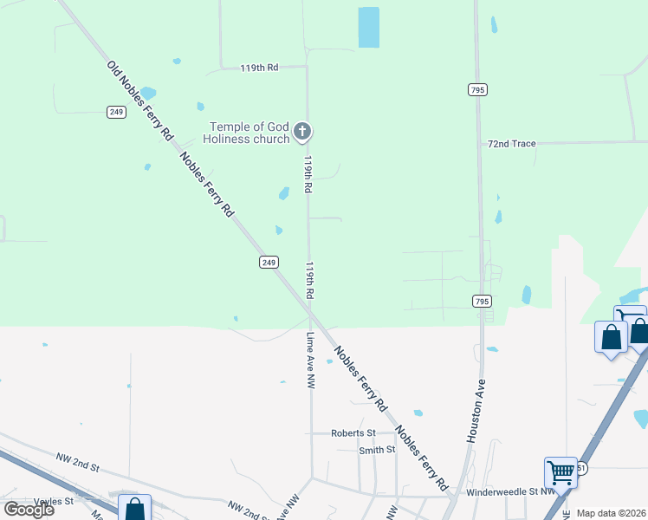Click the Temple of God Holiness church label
[x=247, y=133]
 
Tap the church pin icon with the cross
[x=302, y=132]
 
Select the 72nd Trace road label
[x=512, y=144]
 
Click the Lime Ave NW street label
[x=309, y=360]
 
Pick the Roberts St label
[x=353, y=433]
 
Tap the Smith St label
[x=377, y=450]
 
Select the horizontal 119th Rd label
[x=260, y=67]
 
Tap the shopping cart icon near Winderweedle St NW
[x=561, y=472]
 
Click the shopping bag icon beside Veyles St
[x=134, y=509]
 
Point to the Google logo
[x=29, y=510]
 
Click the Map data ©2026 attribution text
[x=612, y=513]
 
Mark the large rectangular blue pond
[x=368, y=27]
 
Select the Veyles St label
[x=54, y=502]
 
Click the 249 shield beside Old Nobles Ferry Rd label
[x=117, y=112]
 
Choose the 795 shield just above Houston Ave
[x=483, y=302]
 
